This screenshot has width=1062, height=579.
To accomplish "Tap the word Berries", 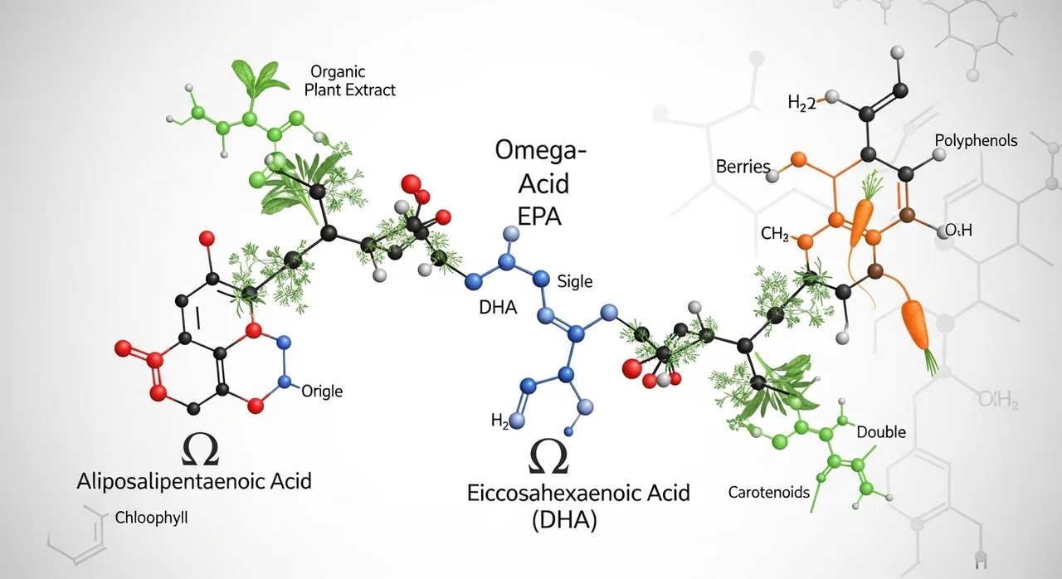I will pos(743,167).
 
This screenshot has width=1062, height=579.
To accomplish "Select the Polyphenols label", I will pos(976,140).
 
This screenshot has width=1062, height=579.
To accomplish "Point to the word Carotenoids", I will pos(768,492).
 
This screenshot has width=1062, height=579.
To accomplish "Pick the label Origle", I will pos(322,391).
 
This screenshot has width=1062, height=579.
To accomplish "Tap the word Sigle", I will pos(575,281).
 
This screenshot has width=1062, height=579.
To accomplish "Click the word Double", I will pos(881,432).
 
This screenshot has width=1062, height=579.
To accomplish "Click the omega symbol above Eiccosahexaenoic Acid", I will pos(549,456).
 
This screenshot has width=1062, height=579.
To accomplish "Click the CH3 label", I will pos(774,235).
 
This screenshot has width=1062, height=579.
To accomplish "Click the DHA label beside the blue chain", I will pos(498,308).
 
